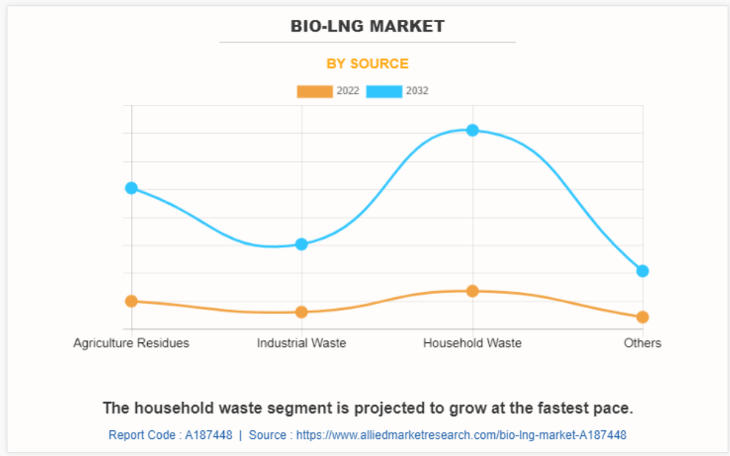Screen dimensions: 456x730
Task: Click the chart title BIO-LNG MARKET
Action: [x=367, y=26]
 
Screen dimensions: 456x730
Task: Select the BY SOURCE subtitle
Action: [x=367, y=64]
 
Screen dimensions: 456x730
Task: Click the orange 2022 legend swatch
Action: [x=315, y=92]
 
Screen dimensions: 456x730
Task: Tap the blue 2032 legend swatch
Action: [x=384, y=92]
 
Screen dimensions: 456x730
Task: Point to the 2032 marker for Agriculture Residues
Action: [x=132, y=188]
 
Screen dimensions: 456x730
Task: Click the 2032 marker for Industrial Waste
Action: [x=302, y=244]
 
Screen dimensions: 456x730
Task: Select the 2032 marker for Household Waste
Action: [x=472, y=130]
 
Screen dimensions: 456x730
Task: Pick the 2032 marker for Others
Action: [x=643, y=271]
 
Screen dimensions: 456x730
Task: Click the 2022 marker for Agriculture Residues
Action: [x=132, y=301]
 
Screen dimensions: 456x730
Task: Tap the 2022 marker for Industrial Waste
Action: [x=302, y=312]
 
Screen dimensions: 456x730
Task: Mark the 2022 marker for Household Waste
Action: [x=472, y=291]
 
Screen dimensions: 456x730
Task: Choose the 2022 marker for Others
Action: [x=643, y=317]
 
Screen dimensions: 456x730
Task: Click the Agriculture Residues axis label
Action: [x=131, y=343]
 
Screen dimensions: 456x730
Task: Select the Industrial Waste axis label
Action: [x=302, y=343]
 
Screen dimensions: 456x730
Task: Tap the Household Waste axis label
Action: [x=472, y=343]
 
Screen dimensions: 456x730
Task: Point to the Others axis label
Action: [x=642, y=343]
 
